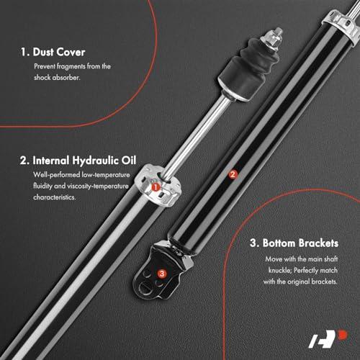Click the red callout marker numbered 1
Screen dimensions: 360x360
(x=156, y=187)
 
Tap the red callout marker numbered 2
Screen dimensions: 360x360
(x=233, y=174)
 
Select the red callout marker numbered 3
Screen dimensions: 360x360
(x=162, y=274)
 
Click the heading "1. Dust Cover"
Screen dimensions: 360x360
(x=53, y=52)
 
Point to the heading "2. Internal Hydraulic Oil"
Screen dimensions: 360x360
(x=78, y=161)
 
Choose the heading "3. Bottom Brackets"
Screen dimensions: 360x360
(x=294, y=243)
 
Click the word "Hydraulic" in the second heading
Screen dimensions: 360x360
(x=96, y=161)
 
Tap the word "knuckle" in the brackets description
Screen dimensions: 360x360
(x=279, y=271)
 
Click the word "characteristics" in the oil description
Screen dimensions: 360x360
(x=55, y=197)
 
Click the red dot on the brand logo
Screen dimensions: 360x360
(x=343, y=335)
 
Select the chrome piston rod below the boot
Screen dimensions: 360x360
(x=197, y=137)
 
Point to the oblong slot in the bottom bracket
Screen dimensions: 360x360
(x=145, y=287)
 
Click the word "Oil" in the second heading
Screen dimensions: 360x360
(x=129, y=161)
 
